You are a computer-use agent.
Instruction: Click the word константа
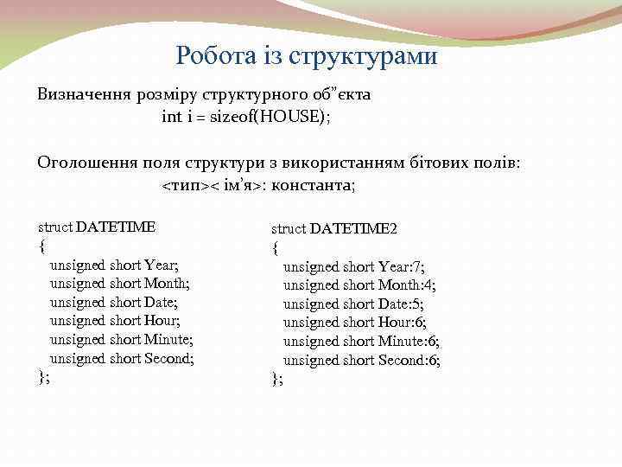314,185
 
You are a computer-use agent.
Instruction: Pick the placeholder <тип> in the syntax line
185,185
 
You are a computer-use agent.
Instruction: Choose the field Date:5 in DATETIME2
402,304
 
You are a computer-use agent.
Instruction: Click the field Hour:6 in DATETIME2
403,323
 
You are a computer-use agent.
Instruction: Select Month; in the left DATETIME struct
167,283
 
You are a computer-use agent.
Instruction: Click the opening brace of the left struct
41,246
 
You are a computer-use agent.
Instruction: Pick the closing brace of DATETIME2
276,379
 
